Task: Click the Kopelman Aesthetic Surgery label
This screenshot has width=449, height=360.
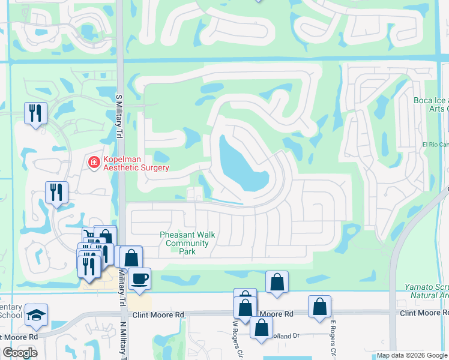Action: click(136, 163)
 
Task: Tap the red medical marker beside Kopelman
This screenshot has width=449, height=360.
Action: click(94, 163)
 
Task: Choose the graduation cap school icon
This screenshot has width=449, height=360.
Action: click(36, 315)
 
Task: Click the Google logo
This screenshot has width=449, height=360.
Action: click(20, 352)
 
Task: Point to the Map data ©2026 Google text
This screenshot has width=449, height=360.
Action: click(411, 356)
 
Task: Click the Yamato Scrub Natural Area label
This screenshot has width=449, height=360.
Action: click(426, 291)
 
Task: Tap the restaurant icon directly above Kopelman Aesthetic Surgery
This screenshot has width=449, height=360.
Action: click(35, 112)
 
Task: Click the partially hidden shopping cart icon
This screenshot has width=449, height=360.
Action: click(88, 235)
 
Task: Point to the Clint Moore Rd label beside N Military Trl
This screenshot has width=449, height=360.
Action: click(158, 315)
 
